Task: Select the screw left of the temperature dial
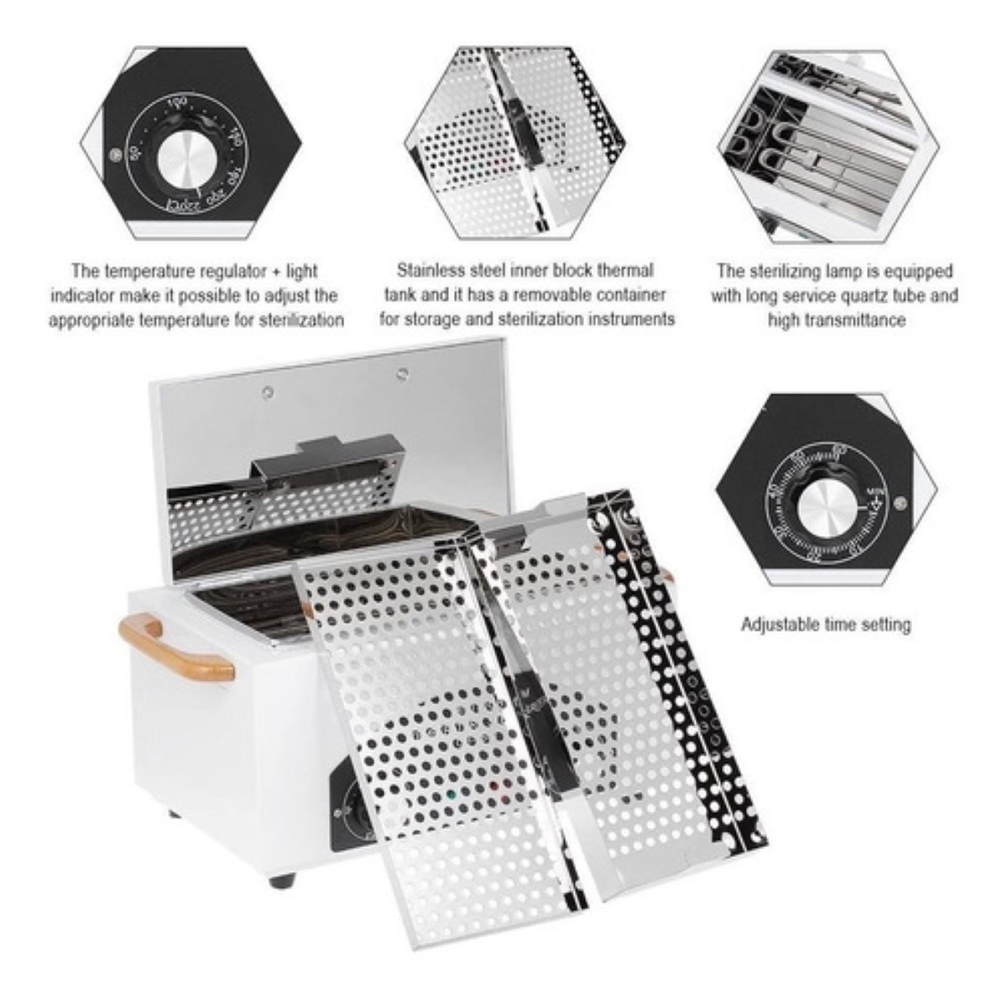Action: point(115,153)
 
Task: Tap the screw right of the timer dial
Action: point(900,503)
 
